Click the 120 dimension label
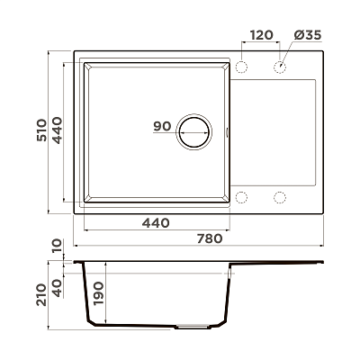[262, 35]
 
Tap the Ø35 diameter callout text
[308, 35]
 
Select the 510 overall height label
[41, 130]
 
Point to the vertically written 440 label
[57, 130]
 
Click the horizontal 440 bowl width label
[156, 223]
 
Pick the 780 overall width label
[210, 238]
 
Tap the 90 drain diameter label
[162, 126]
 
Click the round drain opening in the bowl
[194, 132]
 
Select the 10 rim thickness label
[57, 246]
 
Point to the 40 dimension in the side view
[57, 288]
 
